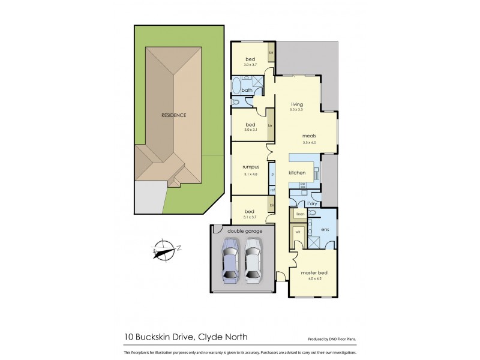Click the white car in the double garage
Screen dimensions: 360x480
click(253, 260)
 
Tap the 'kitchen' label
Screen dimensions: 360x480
click(298, 173)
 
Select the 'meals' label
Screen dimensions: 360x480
click(309, 136)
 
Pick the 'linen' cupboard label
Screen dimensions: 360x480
click(298, 214)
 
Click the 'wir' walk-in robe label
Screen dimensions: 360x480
click(298, 231)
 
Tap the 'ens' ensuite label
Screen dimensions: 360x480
click(326, 229)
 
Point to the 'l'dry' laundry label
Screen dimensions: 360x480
click(312, 203)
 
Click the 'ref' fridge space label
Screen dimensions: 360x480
click(272, 190)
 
